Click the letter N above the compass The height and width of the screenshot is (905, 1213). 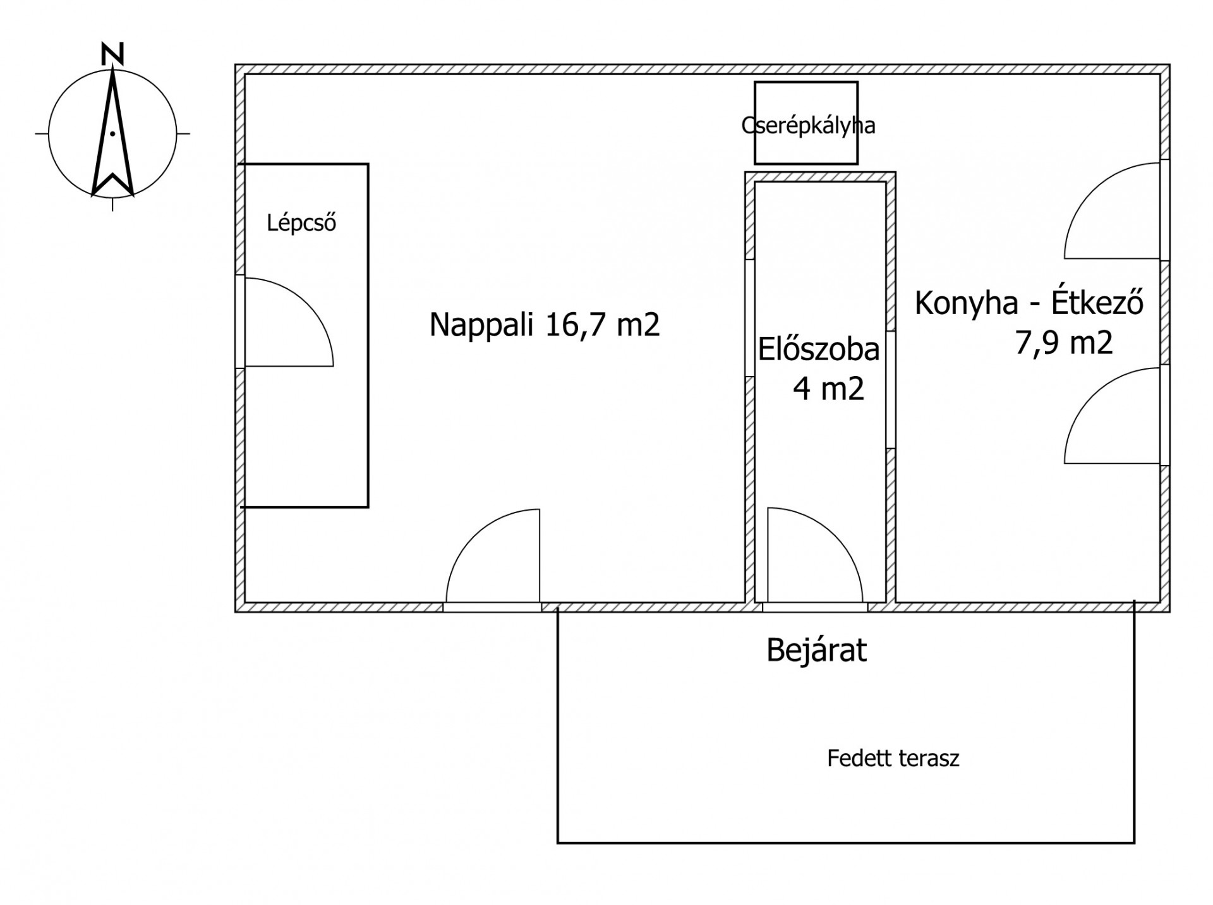[112, 54]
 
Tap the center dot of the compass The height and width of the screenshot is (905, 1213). [112, 133]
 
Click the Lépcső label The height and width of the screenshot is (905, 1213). [301, 222]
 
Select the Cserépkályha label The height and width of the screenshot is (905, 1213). [808, 126]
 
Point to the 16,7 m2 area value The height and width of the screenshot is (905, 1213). [603, 325]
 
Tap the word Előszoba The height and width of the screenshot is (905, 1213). [819, 349]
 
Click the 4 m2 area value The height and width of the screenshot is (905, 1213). [829, 388]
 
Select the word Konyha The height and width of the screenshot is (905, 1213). [967, 303]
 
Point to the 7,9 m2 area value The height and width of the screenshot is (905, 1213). [1064, 343]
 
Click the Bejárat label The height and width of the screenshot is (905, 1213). [816, 650]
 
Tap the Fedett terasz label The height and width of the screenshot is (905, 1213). [893, 758]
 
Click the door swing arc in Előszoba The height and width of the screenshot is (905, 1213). [835, 535]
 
